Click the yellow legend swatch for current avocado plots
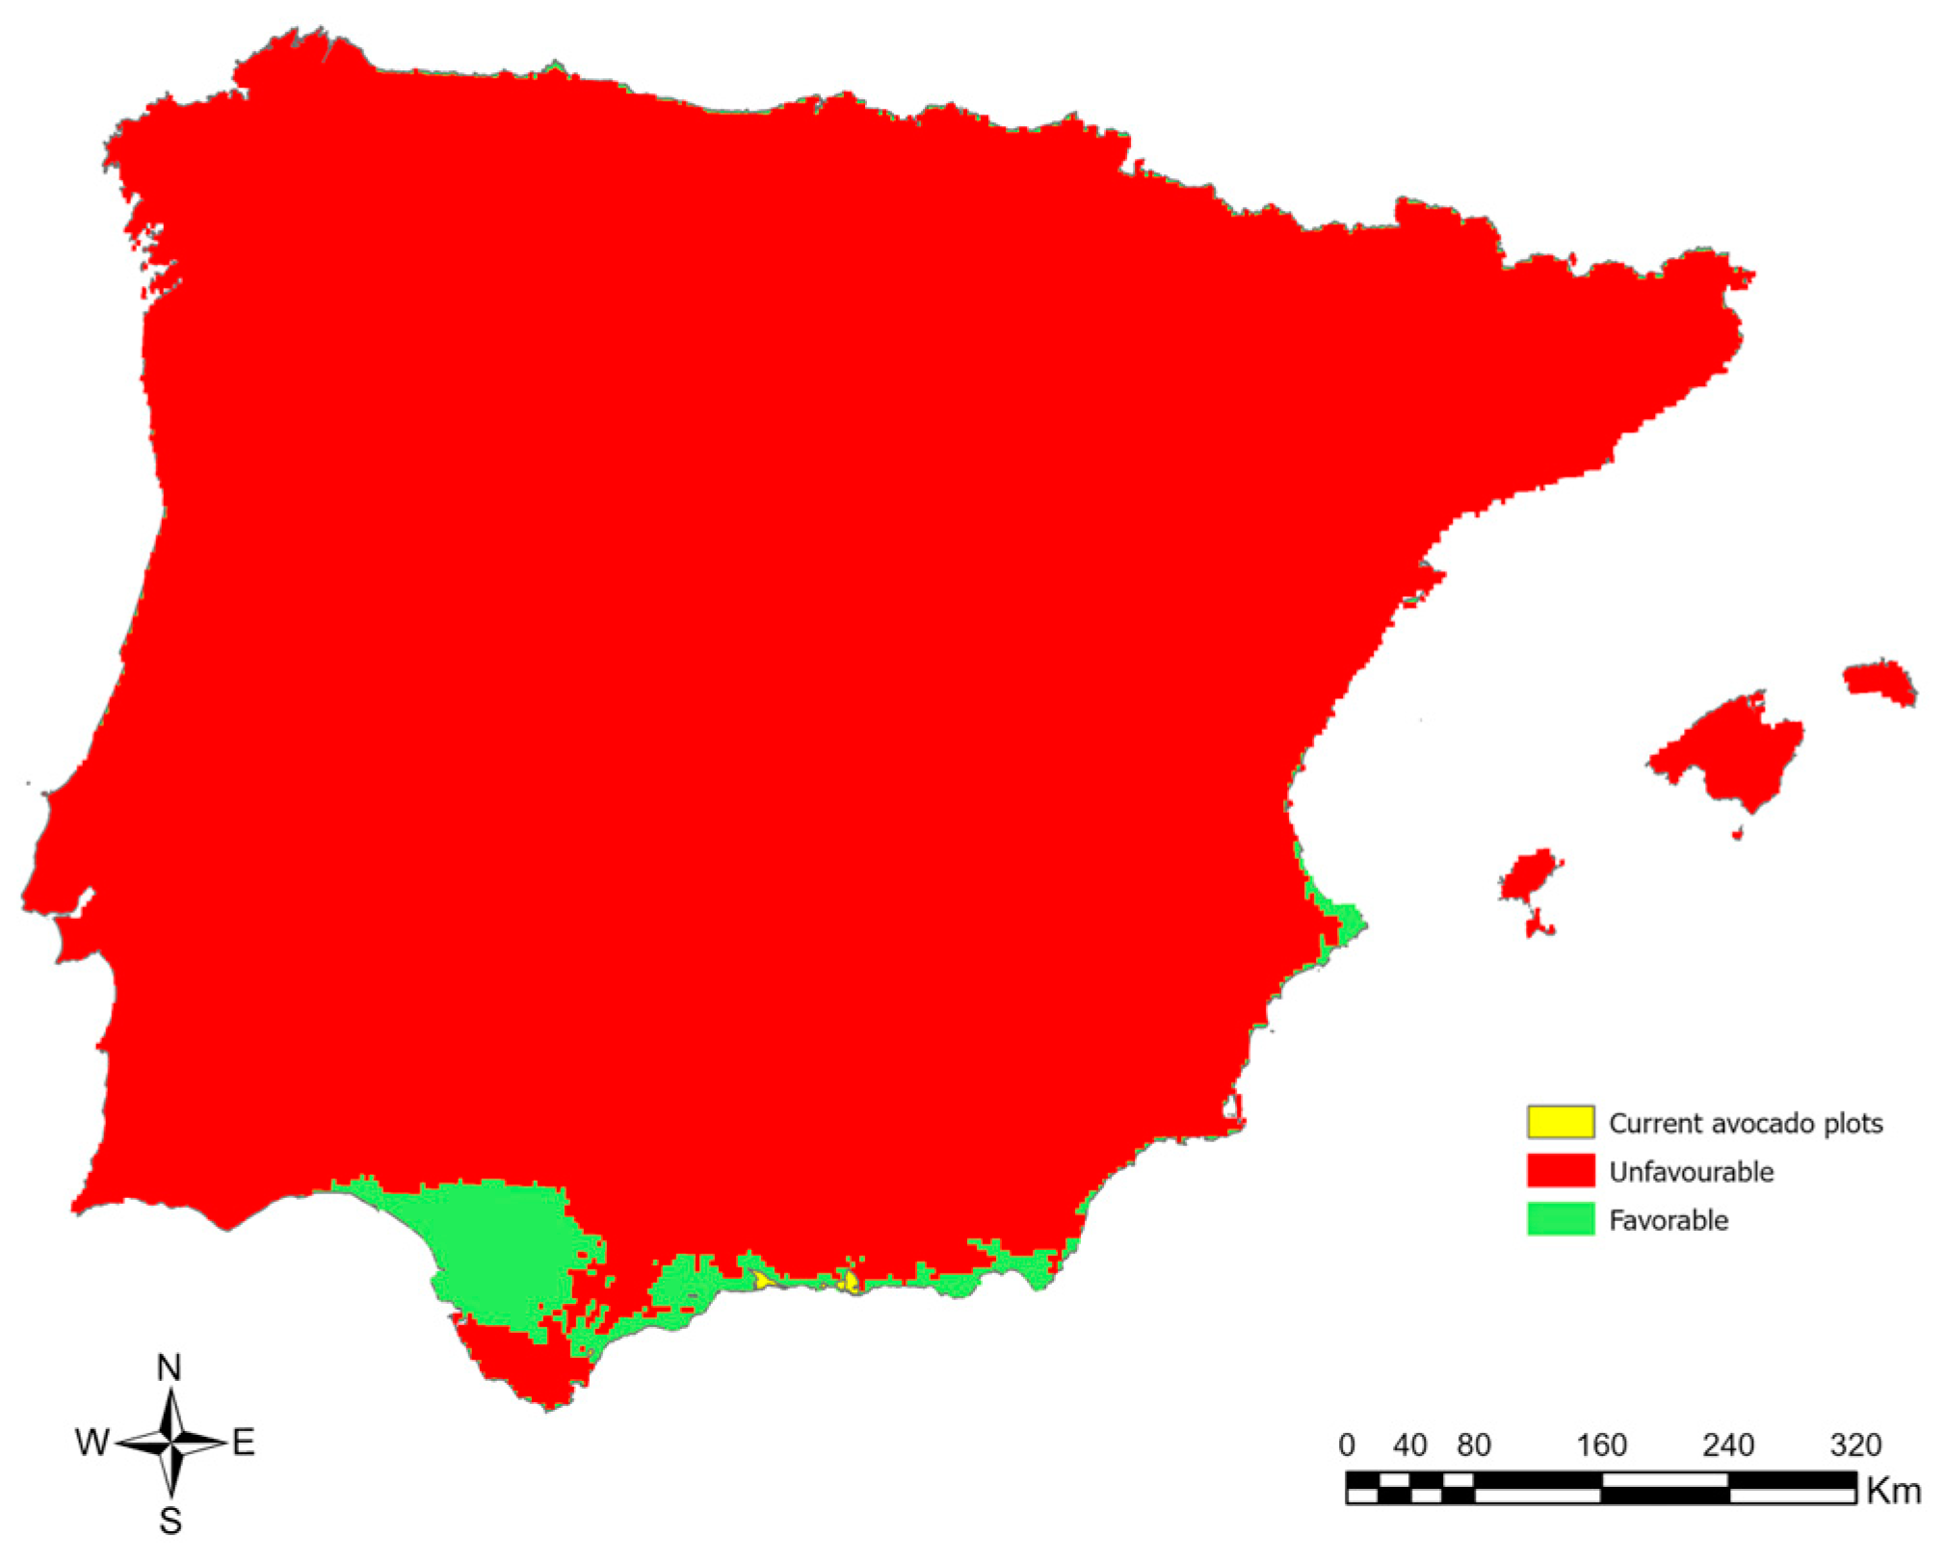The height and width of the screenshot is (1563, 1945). point(1560,1122)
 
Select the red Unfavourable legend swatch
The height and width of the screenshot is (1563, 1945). point(1560,1170)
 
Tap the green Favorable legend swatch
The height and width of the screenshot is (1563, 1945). point(1560,1219)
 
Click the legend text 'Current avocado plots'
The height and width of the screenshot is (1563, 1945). point(1745,1123)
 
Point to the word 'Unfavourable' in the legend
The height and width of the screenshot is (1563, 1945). point(1691,1172)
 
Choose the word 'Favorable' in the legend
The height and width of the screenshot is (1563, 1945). point(1669,1220)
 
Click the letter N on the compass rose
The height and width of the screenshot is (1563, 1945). point(170,1368)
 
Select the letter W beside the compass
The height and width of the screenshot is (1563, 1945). point(92,1443)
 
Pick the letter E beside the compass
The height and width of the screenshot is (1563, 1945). point(244,1443)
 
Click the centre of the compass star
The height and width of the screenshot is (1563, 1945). point(171,1443)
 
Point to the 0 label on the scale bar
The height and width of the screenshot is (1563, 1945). point(1347,1446)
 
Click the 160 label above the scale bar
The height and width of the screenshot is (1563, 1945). point(1601,1446)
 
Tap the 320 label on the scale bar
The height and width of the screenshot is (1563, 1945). point(1855,1446)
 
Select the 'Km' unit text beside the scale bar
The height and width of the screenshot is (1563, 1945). point(1893,1492)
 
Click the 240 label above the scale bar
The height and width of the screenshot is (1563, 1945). point(1728,1446)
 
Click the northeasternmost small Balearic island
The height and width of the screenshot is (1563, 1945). point(1879,682)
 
